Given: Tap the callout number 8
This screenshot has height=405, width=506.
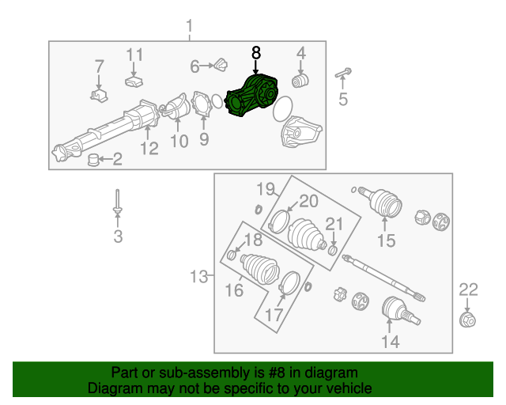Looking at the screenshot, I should coord(255,53).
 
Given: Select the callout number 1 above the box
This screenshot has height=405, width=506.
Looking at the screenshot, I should coord(189,28).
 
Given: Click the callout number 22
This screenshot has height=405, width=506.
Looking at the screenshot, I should coord(469,290).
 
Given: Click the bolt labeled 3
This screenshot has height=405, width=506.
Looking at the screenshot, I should coord(117,201).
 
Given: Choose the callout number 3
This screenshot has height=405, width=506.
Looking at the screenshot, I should coord(118,236).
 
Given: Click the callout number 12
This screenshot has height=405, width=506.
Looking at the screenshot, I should coord(149,147).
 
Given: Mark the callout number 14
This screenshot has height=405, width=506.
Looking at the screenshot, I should coord(390,341).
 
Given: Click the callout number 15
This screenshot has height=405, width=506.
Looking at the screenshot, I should coord(386,240).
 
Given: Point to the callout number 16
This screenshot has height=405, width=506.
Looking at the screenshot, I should coord(234,290).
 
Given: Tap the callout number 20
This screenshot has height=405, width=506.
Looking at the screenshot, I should coord(308,201).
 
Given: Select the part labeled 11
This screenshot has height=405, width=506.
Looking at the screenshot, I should coord(134,80).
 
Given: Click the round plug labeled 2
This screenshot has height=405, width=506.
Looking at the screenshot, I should coord(93,161).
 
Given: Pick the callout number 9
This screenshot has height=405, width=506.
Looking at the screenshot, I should coord(203,140).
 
